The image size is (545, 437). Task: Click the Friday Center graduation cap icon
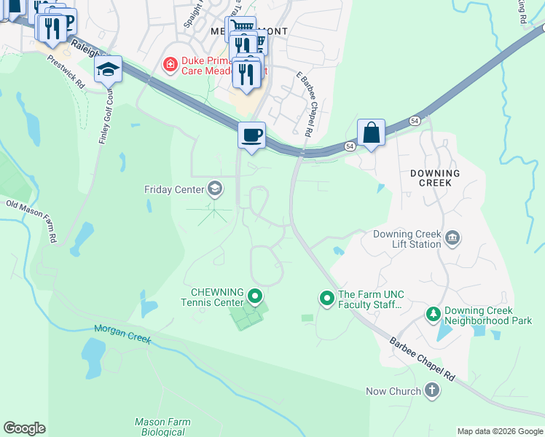pos(214,189)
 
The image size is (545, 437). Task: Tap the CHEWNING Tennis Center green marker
pos(255,296)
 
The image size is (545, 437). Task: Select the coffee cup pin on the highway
pos(251,136)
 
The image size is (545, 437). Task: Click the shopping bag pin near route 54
pos(371,133)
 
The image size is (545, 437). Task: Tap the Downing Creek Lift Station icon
pos(452,237)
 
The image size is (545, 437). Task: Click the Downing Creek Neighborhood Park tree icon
pos(434,314)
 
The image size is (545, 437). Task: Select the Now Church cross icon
pos(432,391)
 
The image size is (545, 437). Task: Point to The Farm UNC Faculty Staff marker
pos(327,297)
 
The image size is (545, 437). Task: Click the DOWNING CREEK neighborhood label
pos(434,178)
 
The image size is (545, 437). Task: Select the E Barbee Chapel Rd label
pos(303,104)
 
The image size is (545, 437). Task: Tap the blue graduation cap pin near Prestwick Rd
pos(108,70)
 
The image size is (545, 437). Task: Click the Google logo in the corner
pos(24,428)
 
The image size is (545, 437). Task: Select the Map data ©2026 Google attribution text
pos(499,431)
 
